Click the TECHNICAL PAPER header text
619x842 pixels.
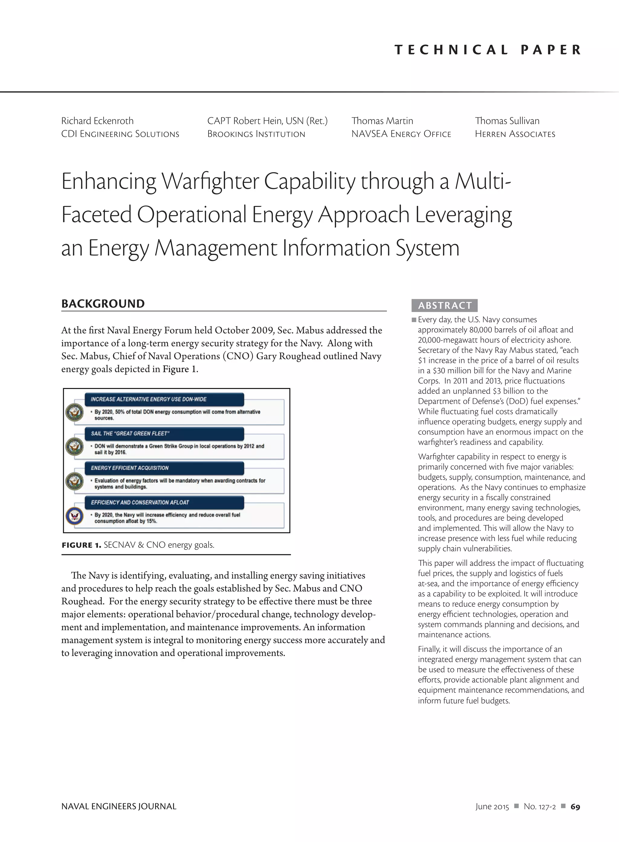[x=488, y=50]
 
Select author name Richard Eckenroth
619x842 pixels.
[x=97, y=121]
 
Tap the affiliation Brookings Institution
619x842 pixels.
[x=256, y=134]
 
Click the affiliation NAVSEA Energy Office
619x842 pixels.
[x=401, y=134]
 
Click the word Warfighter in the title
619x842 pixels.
[x=209, y=181]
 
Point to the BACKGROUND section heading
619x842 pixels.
[x=103, y=304]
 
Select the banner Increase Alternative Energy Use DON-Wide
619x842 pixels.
[x=164, y=399]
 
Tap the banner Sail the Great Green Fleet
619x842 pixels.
[x=164, y=433]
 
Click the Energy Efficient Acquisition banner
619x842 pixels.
[x=164, y=468]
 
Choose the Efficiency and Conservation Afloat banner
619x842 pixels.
[x=164, y=502]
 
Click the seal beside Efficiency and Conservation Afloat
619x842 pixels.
[x=74, y=516]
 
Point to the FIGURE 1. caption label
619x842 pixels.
[x=81, y=545]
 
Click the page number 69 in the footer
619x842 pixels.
[x=575, y=807]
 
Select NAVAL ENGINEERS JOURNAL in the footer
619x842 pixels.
[x=119, y=806]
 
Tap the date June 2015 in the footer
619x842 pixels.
[x=492, y=807]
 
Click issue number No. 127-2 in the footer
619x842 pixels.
[x=540, y=807]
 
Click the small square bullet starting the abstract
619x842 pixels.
[x=414, y=320]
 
